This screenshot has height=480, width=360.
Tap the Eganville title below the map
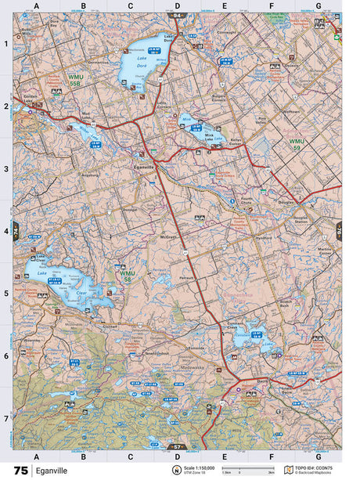click(52, 471)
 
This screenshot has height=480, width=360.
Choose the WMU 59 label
click(295, 144)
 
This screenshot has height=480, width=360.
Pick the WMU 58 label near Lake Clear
click(128, 275)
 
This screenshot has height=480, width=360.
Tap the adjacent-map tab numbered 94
click(178, 15)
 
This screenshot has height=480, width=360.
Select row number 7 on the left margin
click(6, 418)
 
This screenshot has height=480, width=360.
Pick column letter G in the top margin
click(318, 5)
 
